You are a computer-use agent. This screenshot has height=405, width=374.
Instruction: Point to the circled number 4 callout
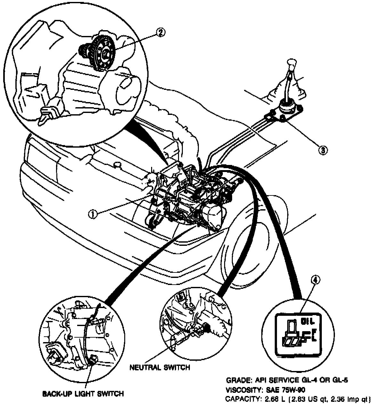pyautogui.click(x=315, y=280)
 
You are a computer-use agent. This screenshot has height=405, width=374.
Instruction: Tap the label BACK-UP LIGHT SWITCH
pyautogui.click(x=83, y=393)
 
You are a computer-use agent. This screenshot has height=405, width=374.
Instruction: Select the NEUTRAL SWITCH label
pyautogui.click(x=159, y=367)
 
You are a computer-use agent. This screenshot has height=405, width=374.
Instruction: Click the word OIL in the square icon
pyautogui.click(x=309, y=321)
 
